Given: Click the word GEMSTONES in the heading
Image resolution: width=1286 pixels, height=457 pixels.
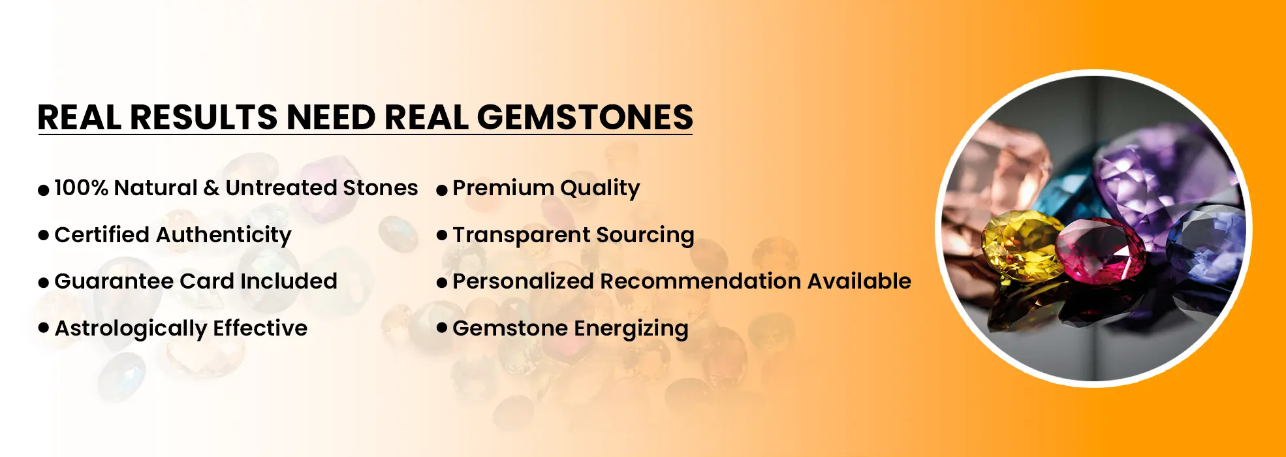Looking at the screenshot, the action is point(585,118).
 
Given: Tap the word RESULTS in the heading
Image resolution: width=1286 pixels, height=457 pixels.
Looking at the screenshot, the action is point(204,118).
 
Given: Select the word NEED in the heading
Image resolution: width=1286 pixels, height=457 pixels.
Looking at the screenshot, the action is point(331,118).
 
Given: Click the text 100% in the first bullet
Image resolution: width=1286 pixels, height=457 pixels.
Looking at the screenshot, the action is point(81,188).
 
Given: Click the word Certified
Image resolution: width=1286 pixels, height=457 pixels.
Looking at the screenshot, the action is point(101,235).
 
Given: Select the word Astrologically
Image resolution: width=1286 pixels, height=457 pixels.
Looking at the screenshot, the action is point(131,329).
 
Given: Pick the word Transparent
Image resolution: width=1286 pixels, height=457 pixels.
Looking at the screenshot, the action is point(521,235).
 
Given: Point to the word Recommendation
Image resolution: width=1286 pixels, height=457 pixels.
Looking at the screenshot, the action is point(700,281).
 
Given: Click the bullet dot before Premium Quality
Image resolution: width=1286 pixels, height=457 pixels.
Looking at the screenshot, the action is point(442,190).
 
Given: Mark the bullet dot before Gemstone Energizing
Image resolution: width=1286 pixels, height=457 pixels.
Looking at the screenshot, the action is point(442,327).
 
